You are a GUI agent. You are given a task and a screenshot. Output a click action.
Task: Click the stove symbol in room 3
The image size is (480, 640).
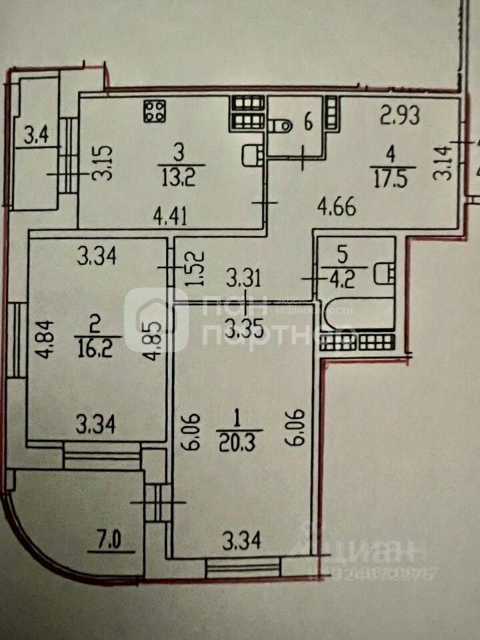point(155,111)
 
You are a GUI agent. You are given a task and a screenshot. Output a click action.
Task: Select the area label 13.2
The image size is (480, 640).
point(178,176)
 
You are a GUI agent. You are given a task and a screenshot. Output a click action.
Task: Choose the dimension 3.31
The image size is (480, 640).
point(241,275)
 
